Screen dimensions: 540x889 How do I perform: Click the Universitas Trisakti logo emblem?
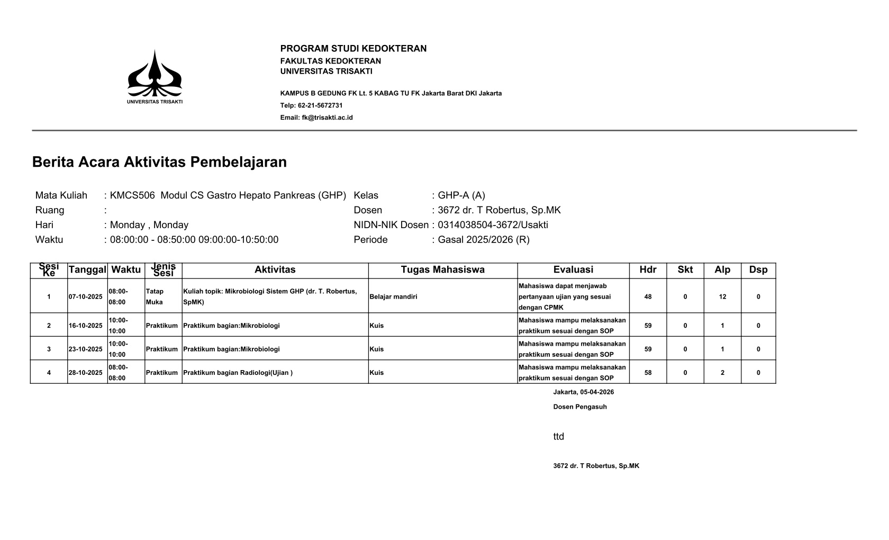[155, 74]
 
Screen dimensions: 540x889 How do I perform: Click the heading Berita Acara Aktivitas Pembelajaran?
[159, 162]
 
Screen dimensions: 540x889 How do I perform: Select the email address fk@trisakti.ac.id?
[327, 118]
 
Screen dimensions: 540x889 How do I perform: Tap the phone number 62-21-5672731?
[320, 105]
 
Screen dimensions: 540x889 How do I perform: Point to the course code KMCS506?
[132, 195]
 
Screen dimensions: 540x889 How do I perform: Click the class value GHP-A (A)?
[461, 195]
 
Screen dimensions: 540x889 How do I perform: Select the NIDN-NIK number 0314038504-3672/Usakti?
[493, 225]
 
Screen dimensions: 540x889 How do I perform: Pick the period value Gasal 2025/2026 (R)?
[483, 240]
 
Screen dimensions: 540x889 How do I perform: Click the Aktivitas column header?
[275, 270]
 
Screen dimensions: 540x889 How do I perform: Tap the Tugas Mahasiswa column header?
[442, 270]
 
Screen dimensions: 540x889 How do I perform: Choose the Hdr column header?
[648, 270]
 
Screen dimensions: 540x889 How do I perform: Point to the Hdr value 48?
[648, 297]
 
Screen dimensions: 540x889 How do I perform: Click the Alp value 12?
[722, 297]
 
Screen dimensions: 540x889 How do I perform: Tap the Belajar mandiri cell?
[393, 297]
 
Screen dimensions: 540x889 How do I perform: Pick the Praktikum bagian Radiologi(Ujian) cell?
[238, 373]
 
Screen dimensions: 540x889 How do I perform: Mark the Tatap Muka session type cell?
[155, 297]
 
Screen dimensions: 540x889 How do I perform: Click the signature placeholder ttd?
[559, 437]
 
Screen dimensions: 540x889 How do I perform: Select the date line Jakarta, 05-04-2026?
[583, 392]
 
